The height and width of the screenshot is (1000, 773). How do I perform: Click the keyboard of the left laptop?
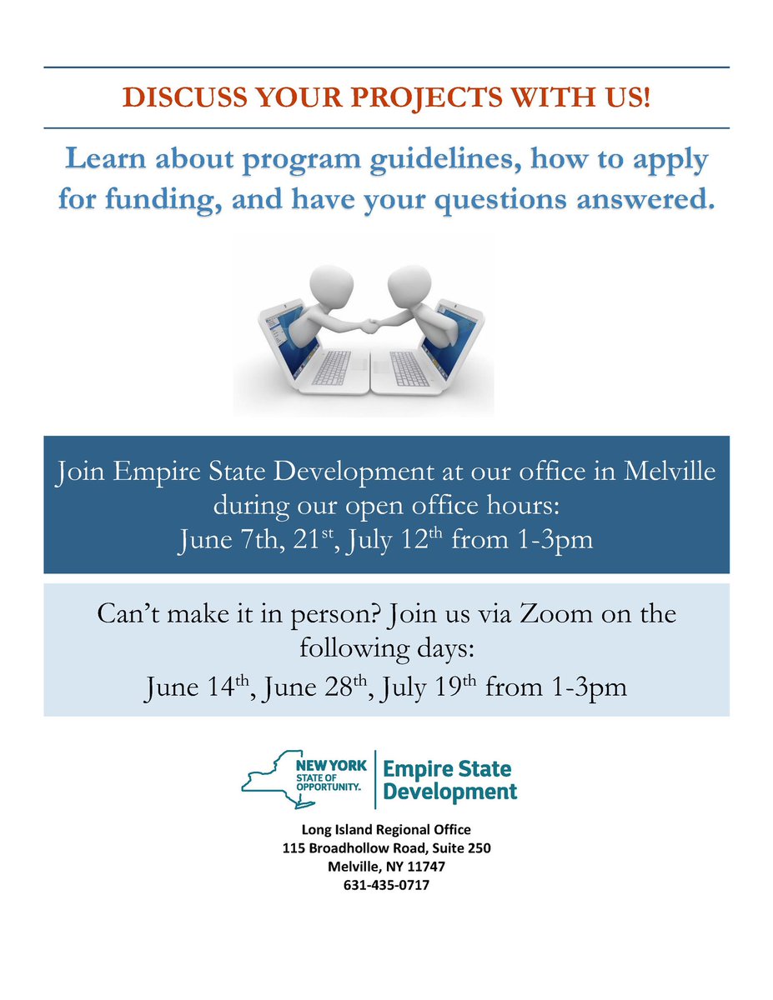pyautogui.click(x=330, y=367)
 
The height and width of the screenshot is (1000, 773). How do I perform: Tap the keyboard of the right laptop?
pyautogui.click(x=409, y=367)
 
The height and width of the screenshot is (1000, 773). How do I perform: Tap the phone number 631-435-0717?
pyautogui.click(x=386, y=885)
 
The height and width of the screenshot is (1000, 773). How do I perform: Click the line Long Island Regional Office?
pyautogui.click(x=386, y=830)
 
